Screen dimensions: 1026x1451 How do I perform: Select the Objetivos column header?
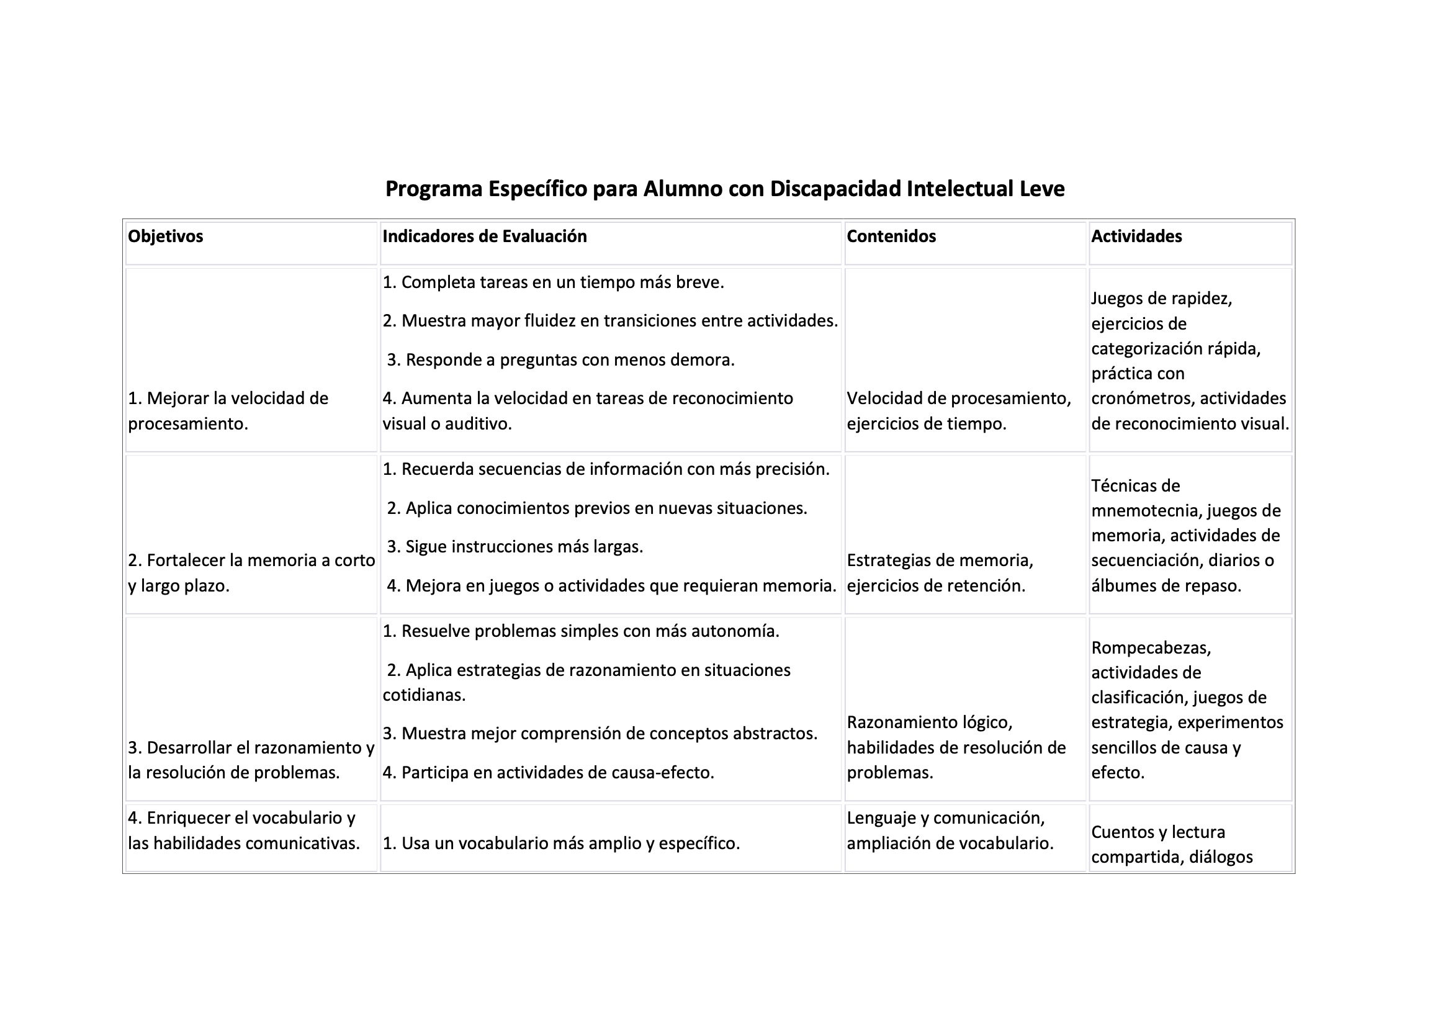(x=166, y=236)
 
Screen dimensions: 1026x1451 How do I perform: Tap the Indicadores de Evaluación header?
(x=484, y=236)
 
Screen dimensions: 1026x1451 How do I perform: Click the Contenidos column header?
(x=891, y=236)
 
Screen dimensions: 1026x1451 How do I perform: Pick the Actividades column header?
(x=1136, y=236)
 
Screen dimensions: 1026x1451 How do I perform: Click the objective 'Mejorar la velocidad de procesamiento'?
(x=228, y=411)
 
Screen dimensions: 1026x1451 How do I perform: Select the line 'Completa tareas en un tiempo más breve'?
(x=553, y=282)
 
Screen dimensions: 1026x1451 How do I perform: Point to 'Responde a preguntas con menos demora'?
(x=560, y=360)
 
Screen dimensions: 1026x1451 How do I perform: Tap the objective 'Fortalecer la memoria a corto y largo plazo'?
(x=251, y=573)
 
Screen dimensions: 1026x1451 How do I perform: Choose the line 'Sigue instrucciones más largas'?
(x=515, y=546)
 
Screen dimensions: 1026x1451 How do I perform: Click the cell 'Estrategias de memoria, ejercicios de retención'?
(x=940, y=573)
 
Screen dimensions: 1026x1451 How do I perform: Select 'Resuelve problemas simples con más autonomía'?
(x=581, y=631)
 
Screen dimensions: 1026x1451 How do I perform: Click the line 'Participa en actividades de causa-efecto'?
(x=548, y=773)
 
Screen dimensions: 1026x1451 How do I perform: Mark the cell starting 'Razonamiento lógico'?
(x=956, y=747)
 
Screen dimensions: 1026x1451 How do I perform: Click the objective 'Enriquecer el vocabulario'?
(x=243, y=830)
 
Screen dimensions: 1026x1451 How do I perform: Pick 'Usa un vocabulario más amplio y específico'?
(x=560, y=844)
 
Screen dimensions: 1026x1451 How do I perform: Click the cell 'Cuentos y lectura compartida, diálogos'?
(x=1171, y=844)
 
